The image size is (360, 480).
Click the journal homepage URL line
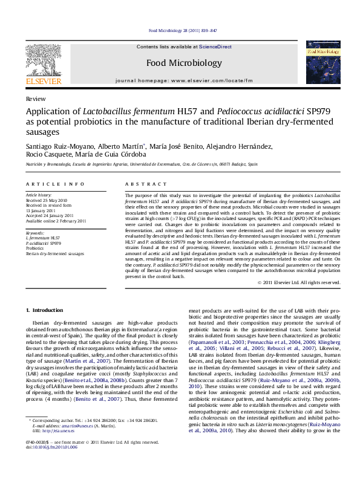point(184,80)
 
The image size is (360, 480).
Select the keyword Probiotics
point(35,248)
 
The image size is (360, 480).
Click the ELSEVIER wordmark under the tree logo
point(43,81)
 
